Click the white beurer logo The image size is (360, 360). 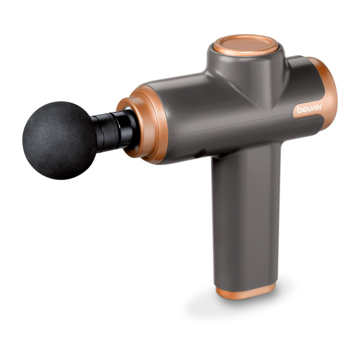click(309, 109)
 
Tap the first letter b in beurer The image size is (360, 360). click(299, 110)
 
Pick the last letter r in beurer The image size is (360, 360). click(320, 109)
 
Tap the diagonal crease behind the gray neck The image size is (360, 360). click(270, 90)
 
